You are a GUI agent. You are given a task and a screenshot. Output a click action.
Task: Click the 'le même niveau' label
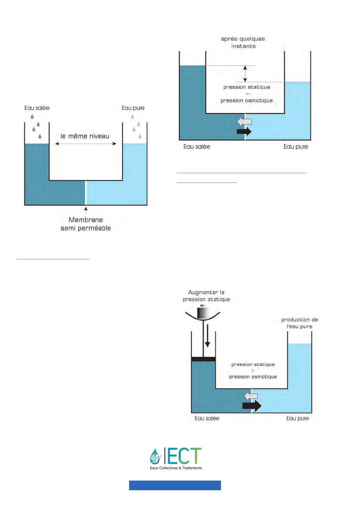pos(85,136)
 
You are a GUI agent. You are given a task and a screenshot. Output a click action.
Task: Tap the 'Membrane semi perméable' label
pos(86,224)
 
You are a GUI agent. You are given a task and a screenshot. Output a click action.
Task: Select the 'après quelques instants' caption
pos(243,42)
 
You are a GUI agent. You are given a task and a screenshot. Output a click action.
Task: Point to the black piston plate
pos(203,359)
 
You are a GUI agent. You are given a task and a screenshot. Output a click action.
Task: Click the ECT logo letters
pos(184,456)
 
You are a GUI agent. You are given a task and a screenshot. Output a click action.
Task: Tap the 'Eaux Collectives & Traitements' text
pos(176,468)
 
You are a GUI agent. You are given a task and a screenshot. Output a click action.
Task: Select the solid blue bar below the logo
pos(175,485)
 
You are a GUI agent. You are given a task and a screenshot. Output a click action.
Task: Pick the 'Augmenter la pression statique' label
pos(206,296)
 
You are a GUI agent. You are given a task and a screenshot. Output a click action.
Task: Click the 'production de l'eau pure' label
pos(299,323)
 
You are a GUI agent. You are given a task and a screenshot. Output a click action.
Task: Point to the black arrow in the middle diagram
pos(244,131)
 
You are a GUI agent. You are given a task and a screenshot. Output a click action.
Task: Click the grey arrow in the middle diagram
pos(244,122)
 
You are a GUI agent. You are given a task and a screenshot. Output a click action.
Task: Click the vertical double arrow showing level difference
pos(245,74)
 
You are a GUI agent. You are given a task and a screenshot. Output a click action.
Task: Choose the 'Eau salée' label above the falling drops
pos(37,108)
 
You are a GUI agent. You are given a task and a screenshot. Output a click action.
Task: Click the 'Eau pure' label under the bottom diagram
pos(297,418)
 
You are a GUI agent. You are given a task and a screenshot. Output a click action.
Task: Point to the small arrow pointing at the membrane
pos(86,210)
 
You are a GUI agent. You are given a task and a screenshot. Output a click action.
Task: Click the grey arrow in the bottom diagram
pos(251,396)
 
